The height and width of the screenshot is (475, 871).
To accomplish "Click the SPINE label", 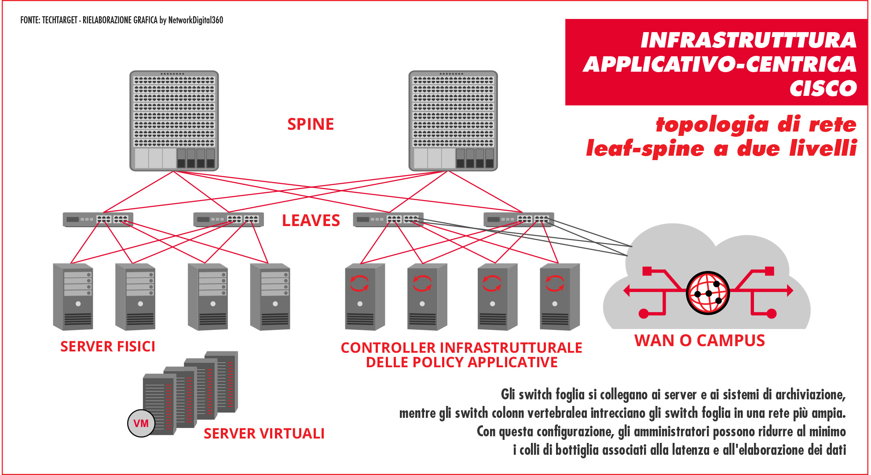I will (x=311, y=124).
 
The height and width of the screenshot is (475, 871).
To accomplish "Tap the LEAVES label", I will (x=311, y=220).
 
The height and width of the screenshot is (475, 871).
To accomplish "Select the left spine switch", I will (x=174, y=121).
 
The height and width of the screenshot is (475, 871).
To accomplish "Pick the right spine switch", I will (x=453, y=121).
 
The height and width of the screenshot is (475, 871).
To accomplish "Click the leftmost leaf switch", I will (x=98, y=219).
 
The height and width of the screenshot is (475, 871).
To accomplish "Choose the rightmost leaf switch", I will (x=519, y=219).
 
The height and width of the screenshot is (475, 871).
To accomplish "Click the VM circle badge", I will (x=141, y=424).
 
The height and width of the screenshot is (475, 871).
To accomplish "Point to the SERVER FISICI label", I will (x=108, y=347).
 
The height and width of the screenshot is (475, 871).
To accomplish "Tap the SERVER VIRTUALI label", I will (x=264, y=434).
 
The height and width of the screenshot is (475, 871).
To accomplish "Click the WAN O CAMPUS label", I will (x=699, y=341).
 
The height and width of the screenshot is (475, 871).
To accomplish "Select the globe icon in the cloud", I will (x=708, y=292).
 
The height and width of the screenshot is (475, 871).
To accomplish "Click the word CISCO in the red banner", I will (x=823, y=88).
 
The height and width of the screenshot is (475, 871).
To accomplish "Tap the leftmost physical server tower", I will (x=73, y=297).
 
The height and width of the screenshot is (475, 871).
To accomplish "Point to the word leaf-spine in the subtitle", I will (x=645, y=149).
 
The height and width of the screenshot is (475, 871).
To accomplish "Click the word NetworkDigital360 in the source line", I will (x=195, y=20).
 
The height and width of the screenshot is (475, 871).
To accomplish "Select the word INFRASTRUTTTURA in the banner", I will (x=748, y=40).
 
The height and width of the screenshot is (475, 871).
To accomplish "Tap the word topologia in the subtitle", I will (x=713, y=124).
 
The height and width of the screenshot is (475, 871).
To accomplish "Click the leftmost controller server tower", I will (x=365, y=297).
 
